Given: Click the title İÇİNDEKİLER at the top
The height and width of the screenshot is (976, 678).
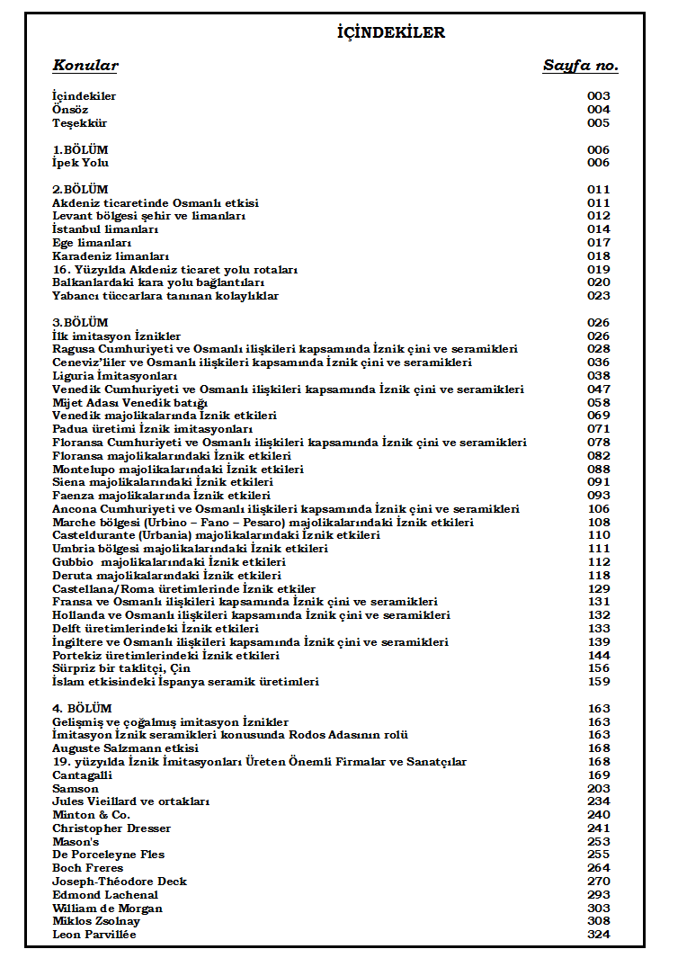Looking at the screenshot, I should pos(391,33).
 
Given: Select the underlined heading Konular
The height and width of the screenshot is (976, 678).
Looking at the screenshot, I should pos(85,66).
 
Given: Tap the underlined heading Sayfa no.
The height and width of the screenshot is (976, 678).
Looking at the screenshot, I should pos(580,66).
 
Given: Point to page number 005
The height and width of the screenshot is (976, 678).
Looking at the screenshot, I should pos(599,123).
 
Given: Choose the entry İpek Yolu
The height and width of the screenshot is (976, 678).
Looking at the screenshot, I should pos(80,163).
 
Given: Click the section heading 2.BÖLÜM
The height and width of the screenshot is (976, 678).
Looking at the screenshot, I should pos(80,190).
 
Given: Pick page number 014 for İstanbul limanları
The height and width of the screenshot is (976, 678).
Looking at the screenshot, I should pos(599,229).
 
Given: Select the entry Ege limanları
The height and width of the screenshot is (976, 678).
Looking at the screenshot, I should pos(92,243).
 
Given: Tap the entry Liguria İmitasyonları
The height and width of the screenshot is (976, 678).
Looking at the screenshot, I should pos(114,376).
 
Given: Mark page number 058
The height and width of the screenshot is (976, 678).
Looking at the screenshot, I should pos(599,402).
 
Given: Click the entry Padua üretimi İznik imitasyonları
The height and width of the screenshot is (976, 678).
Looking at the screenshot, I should pos(152,429).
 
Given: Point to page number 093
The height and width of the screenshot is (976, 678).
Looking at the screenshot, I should pos(599,496).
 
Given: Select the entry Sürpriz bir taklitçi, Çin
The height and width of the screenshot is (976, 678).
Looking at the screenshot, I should pos(121,668).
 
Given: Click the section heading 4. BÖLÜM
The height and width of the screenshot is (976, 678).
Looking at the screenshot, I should pos(82,709).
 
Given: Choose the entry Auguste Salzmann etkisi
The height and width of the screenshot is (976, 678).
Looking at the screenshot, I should pos(125,748).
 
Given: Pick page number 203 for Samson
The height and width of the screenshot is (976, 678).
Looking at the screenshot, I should pos(599,789).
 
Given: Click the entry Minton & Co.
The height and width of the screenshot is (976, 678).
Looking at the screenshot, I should pos(92,815).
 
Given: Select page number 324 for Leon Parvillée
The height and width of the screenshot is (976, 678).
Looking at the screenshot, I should pos(599,935).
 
